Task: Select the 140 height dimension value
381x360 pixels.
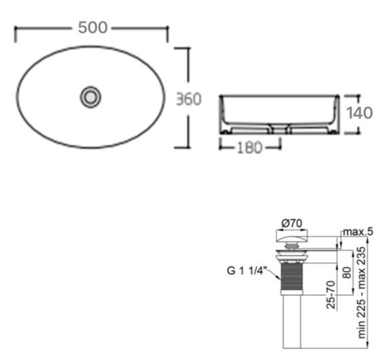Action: pos(359,113)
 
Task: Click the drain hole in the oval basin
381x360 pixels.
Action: pos(90,97)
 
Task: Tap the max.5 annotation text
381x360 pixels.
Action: pos(358,232)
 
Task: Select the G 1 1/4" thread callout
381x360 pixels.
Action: pos(247,271)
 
